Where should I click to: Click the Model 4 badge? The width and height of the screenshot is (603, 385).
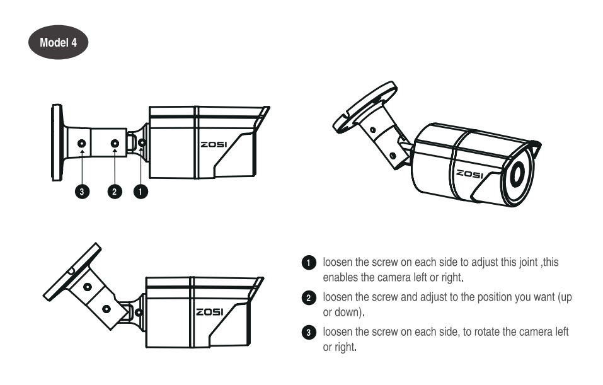(x=59, y=42)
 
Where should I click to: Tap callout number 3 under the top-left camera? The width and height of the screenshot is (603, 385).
(x=82, y=192)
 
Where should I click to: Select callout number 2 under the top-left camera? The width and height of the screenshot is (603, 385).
(x=115, y=192)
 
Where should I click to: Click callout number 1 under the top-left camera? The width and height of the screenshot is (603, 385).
(x=141, y=192)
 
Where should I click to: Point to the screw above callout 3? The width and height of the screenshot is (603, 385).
(x=82, y=144)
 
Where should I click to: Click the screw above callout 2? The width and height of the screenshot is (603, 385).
(x=115, y=144)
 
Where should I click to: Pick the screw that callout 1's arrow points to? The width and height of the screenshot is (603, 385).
(x=142, y=143)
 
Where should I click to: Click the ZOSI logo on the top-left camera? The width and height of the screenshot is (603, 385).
(x=214, y=145)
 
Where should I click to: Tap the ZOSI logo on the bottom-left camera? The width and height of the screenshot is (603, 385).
(x=210, y=312)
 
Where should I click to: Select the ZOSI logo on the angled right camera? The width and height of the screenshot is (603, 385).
(x=469, y=174)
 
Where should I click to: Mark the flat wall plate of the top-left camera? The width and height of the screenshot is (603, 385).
(x=57, y=142)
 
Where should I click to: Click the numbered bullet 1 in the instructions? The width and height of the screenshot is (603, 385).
(x=309, y=263)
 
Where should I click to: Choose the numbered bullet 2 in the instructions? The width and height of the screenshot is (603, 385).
(x=309, y=297)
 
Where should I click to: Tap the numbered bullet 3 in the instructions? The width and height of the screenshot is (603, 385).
(x=309, y=332)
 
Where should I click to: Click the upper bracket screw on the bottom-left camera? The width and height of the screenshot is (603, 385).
(x=88, y=287)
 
